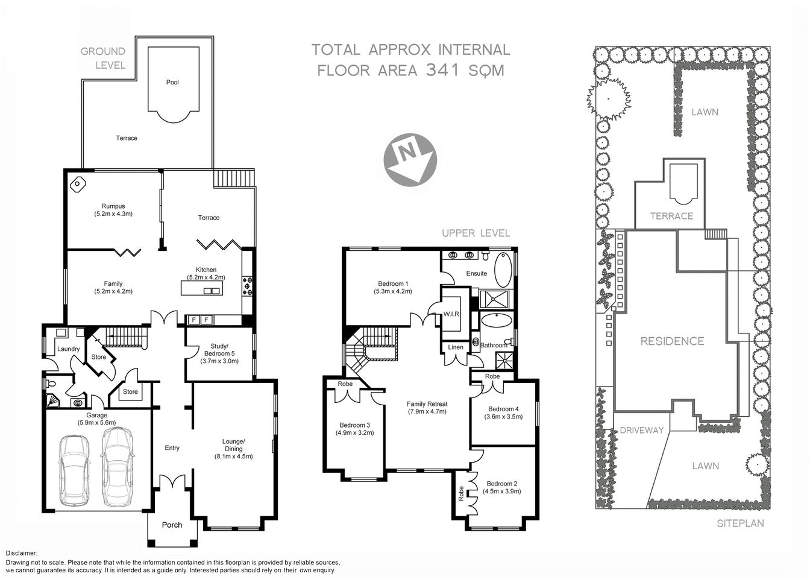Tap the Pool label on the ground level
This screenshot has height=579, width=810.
coord(172,82)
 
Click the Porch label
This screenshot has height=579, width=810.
coord(172,525)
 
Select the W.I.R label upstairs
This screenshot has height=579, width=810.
coord(452,314)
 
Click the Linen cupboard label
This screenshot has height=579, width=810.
coord(456,347)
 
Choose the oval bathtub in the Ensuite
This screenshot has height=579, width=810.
coord(503,270)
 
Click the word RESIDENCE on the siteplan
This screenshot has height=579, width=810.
coord(672,341)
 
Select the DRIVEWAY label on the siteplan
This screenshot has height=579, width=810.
coord(641,430)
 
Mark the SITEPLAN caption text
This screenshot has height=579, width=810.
coord(740,524)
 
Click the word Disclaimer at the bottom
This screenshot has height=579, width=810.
coord(22,553)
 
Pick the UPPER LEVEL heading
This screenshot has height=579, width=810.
coord(476,233)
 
